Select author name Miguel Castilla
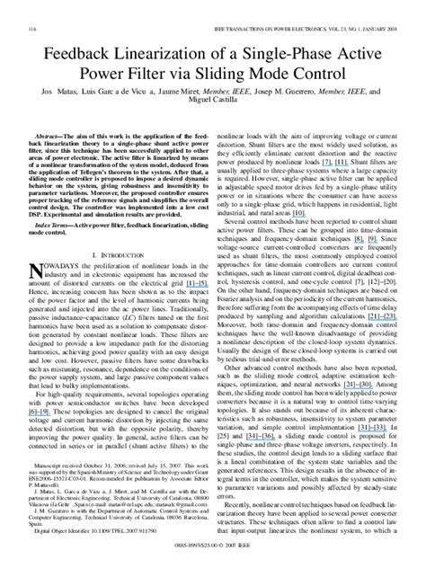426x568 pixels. click(213, 95)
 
